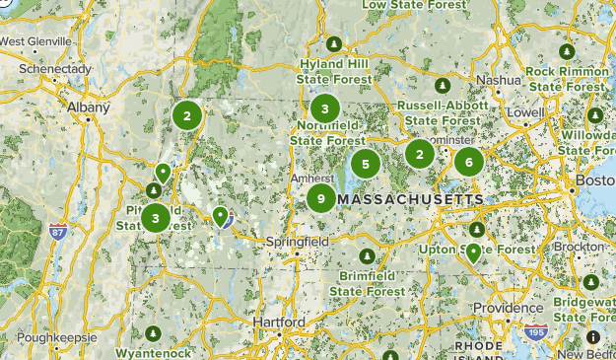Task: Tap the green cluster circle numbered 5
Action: pyautogui.click(x=366, y=165)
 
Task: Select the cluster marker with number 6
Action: pyautogui.click(x=469, y=162)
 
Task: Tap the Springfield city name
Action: pyautogui.click(x=297, y=241)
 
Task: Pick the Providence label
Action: pyautogui.click(x=509, y=308)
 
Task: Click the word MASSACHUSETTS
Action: pyautogui.click(x=411, y=199)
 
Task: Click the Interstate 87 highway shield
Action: pyautogui.click(x=57, y=233)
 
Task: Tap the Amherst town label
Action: pyautogui.click(x=309, y=179)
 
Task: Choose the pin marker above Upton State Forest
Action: pyautogui.click(x=473, y=252)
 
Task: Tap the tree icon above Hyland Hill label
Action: pyautogui.click(x=334, y=45)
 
